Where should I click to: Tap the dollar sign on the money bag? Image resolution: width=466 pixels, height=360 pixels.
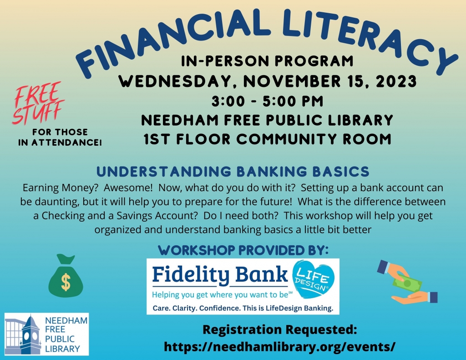click(x=66, y=282)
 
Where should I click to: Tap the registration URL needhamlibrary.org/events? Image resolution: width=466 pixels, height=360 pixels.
click(x=279, y=346)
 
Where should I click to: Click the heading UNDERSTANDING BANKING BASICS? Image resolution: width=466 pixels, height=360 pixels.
click(x=233, y=172)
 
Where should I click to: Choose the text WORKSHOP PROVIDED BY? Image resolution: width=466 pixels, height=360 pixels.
click(x=243, y=250)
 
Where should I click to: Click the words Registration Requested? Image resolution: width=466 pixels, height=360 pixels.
click(x=279, y=329)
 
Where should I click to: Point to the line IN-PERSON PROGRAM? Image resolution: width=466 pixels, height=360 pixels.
click(x=267, y=61)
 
